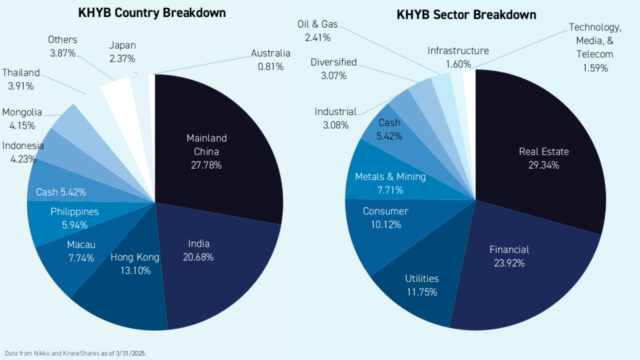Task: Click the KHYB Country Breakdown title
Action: coord(152,12)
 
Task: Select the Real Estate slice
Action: coord(544,158)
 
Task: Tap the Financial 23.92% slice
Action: coord(509,256)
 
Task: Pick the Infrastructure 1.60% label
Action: coord(458,57)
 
